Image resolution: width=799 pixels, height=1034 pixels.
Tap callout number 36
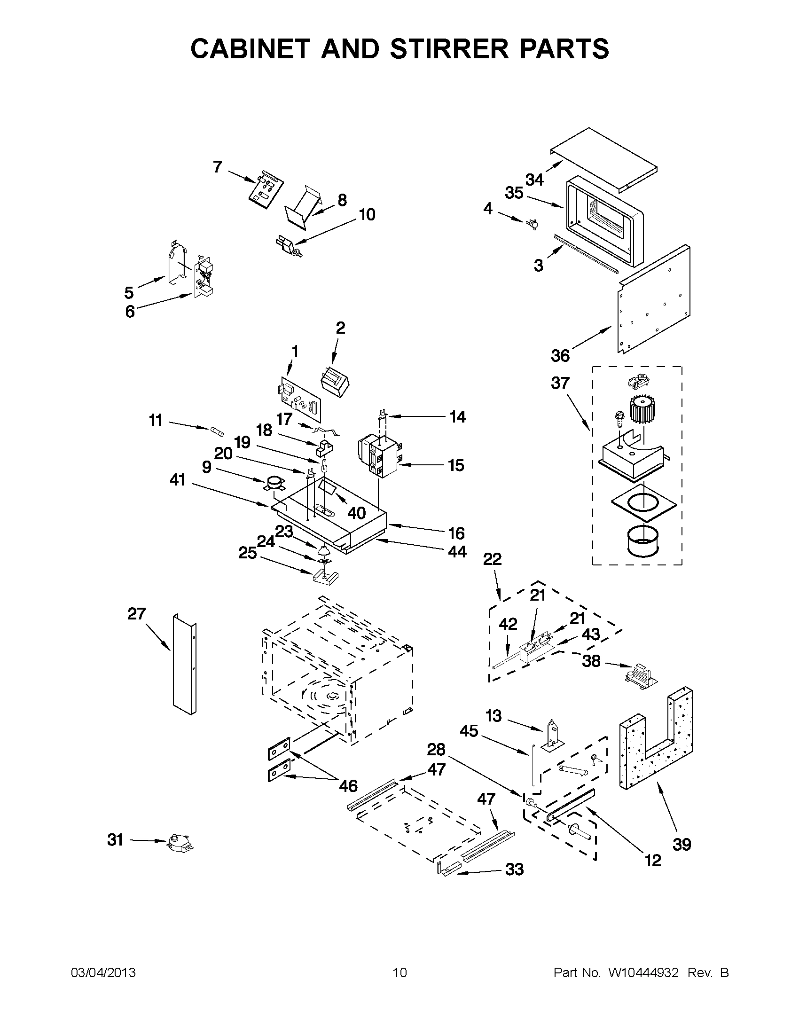pyautogui.click(x=560, y=356)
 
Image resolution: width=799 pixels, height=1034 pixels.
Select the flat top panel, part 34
pyautogui.click(x=604, y=158)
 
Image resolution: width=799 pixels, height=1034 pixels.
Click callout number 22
pyautogui.click(x=492, y=559)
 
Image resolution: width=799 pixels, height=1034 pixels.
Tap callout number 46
pyautogui.click(x=348, y=786)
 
